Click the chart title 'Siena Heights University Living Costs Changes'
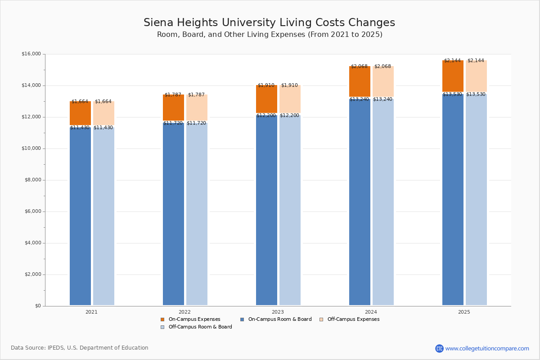point(269,23)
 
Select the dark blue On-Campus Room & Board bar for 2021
point(80,216)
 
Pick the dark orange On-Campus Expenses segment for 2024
point(360,81)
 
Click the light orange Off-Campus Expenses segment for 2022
point(197,108)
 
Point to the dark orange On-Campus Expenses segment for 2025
point(453,76)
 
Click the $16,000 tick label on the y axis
point(31,54)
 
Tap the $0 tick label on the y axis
point(37,306)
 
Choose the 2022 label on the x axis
point(184,312)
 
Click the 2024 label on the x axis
point(371,312)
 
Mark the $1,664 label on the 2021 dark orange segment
point(80,102)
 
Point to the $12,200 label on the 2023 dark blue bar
point(266,116)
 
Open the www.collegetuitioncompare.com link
point(487,348)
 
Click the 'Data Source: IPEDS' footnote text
point(80,348)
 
